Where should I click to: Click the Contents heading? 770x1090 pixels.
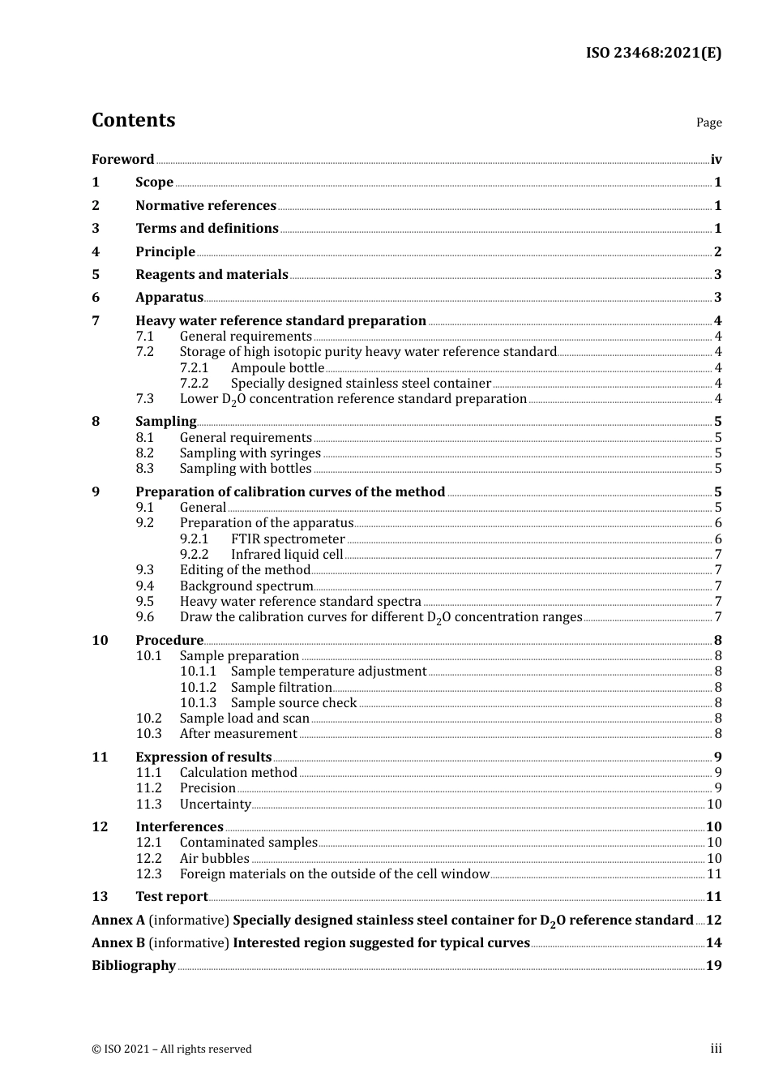pyautogui.click(x=133, y=120)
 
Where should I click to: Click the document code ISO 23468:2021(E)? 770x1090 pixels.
pyautogui.click(x=653, y=53)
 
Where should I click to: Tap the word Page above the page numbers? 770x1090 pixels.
pyautogui.click(x=708, y=122)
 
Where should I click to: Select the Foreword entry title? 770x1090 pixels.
pyautogui.click(x=122, y=160)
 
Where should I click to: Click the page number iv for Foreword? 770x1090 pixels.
pyautogui.click(x=716, y=160)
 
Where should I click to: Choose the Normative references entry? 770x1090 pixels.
pyautogui.click(x=206, y=206)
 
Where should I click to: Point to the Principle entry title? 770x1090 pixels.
pyautogui.click(x=165, y=252)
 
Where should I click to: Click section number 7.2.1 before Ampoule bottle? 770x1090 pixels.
pyautogui.click(x=194, y=368)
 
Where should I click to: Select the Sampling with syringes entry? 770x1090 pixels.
pyautogui.click(x=250, y=453)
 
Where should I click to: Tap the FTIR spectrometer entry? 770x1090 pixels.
pyautogui.click(x=288, y=539)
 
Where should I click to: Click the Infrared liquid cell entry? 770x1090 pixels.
pyautogui.click(x=287, y=555)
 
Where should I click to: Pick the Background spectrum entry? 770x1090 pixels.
pyautogui.click(x=246, y=586)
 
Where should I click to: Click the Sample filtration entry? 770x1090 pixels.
pyautogui.click(x=281, y=688)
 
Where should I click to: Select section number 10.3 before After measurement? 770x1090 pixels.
pyautogui.click(x=148, y=734)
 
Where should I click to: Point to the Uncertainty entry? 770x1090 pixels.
pyautogui.click(x=215, y=805)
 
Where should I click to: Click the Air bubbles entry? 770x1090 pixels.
pyautogui.click(x=214, y=859)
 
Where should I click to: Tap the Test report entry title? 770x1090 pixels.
pyautogui.click(x=171, y=897)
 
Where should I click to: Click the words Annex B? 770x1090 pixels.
pyautogui.click(x=118, y=943)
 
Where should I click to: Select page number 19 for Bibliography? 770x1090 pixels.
pyautogui.click(x=713, y=966)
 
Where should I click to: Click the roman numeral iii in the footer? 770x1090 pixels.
pyautogui.click(x=716, y=1049)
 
